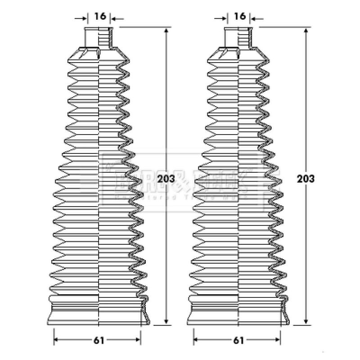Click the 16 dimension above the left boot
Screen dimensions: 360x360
pyautogui.click(x=100, y=17)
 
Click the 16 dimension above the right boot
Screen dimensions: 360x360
pyautogui.click(x=240, y=17)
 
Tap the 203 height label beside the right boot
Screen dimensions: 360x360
pyautogui.click(x=306, y=178)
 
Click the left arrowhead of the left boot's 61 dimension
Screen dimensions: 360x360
pyautogui.click(x=56, y=340)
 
